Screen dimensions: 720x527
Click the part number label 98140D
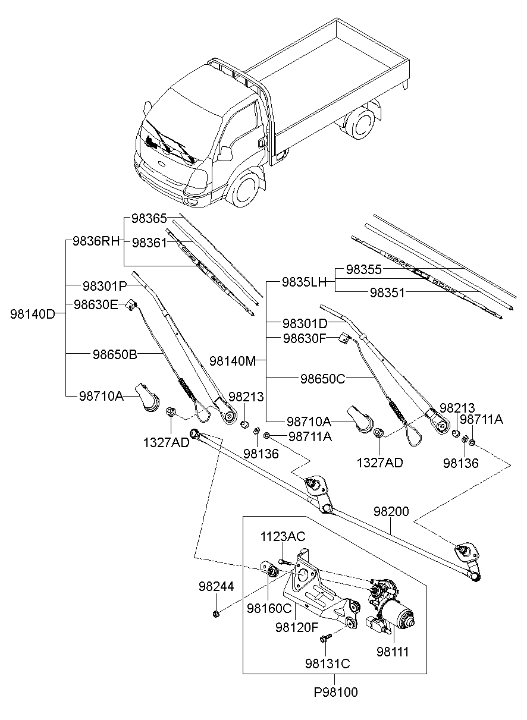tap(32, 314)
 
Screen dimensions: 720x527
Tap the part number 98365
tap(149, 218)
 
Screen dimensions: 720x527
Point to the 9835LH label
tap(305, 282)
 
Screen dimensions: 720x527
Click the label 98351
tap(388, 293)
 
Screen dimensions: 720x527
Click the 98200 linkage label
tap(391, 511)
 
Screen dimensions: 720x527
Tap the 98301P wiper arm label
tap(105, 286)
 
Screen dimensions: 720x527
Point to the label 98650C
tap(322, 378)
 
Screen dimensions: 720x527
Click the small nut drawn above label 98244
tap(215, 613)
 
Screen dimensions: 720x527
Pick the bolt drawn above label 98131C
tap(325, 639)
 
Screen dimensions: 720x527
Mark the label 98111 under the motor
tap(393, 651)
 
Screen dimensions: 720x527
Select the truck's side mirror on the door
tap(225, 153)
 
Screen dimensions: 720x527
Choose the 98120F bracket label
tap(297, 626)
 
